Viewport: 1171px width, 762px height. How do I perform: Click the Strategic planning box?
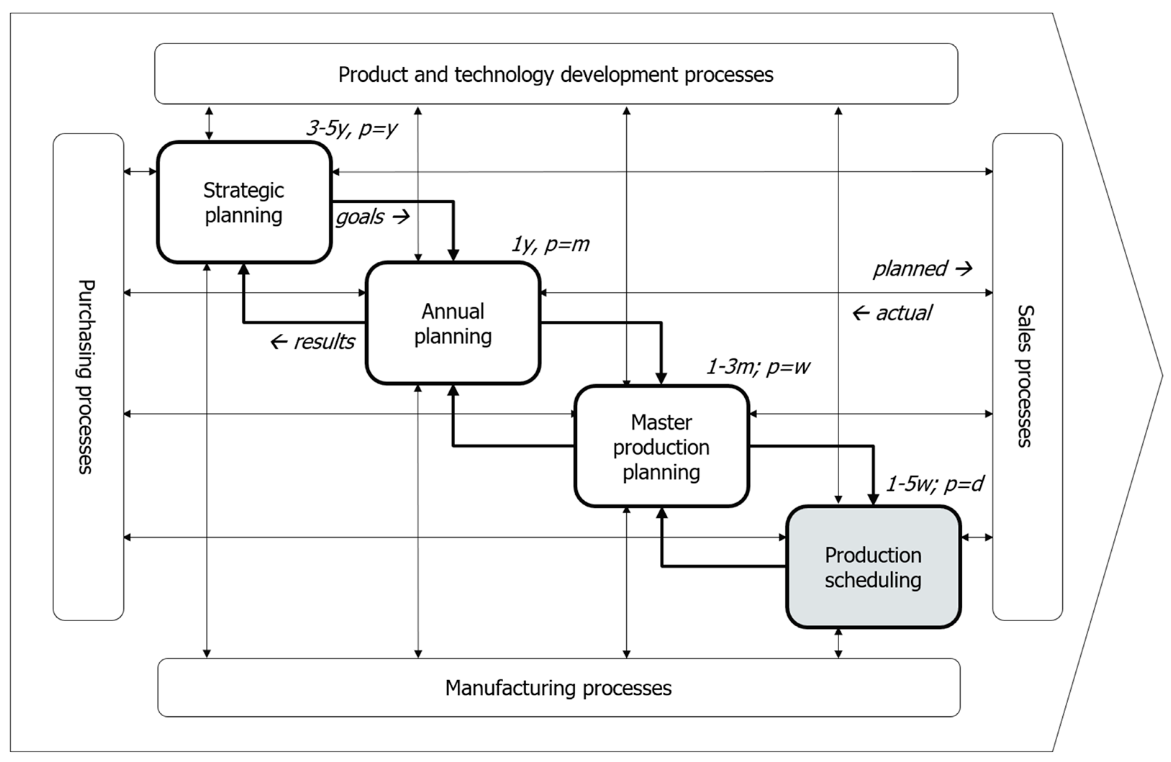[x=244, y=202]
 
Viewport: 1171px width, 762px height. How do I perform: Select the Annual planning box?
[x=453, y=323]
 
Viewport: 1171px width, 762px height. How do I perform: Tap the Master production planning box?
[x=661, y=446]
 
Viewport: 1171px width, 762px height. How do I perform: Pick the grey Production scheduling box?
[x=873, y=567]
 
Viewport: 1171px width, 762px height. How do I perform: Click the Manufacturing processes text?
[x=558, y=687]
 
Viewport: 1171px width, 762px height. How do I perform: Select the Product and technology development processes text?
[x=555, y=75]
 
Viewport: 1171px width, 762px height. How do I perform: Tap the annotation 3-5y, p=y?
[x=351, y=128]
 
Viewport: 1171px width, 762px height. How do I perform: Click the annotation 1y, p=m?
[x=550, y=244]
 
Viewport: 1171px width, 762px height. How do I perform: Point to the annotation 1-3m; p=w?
[x=758, y=367]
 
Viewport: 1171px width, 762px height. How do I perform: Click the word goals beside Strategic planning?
[x=360, y=217]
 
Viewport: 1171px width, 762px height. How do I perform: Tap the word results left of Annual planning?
[x=324, y=341]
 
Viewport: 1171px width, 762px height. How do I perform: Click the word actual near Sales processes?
[x=903, y=313]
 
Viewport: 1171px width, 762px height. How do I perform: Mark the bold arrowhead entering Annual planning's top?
[x=453, y=255]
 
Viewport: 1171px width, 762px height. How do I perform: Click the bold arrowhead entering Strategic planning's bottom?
[x=244, y=270]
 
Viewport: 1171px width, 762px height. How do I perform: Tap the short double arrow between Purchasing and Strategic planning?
[x=140, y=171]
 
